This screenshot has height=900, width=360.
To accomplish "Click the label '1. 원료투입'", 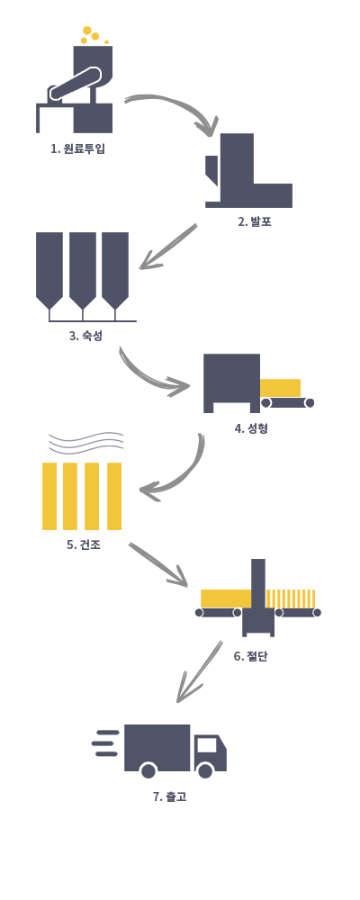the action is pyautogui.click(x=77, y=148).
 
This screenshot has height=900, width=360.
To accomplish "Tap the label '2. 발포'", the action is pyautogui.click(x=255, y=221).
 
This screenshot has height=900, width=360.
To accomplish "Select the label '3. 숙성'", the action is pyautogui.click(x=85, y=335).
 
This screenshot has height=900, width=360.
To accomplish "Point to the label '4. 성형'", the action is pyautogui.click(x=251, y=428).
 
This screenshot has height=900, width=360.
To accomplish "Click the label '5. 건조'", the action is pyautogui.click(x=84, y=544).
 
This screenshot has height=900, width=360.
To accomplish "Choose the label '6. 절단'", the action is pyautogui.click(x=250, y=656).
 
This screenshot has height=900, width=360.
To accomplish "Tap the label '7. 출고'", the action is pyautogui.click(x=169, y=796).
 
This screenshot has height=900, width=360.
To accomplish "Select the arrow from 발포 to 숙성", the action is pyautogui.click(x=168, y=247).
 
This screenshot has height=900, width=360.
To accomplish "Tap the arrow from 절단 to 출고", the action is pyautogui.click(x=199, y=671).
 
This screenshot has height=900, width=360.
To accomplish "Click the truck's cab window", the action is pyautogui.click(x=207, y=744).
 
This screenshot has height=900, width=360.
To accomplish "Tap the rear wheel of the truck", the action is pyautogui.click(x=148, y=770).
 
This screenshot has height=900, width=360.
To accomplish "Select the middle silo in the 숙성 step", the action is pyautogui.click(x=83, y=271).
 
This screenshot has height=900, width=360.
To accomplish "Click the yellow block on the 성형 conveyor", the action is pyautogui.click(x=280, y=387).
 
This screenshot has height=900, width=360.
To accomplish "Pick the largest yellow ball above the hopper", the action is pyautogui.click(x=87, y=31).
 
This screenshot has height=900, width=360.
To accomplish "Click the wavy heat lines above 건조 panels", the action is pyautogui.click(x=86, y=443).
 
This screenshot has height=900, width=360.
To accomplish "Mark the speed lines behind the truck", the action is pyautogui.click(x=105, y=742).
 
